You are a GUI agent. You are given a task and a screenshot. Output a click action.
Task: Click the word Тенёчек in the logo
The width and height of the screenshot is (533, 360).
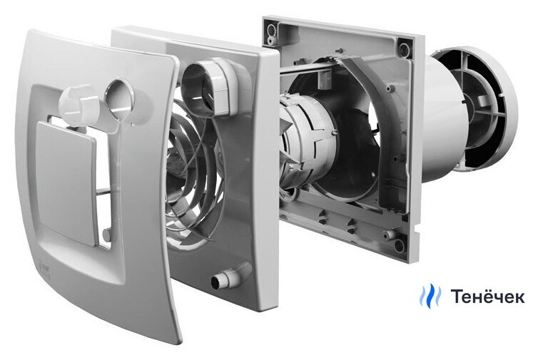click(487, 296)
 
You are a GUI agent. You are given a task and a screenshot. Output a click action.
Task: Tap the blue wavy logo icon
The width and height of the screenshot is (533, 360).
click(430, 296)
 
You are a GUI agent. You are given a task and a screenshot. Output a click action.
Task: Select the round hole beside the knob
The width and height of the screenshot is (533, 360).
click(118, 98)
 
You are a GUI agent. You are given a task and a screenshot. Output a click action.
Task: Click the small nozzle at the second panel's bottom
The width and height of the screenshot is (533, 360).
click(230, 277)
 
